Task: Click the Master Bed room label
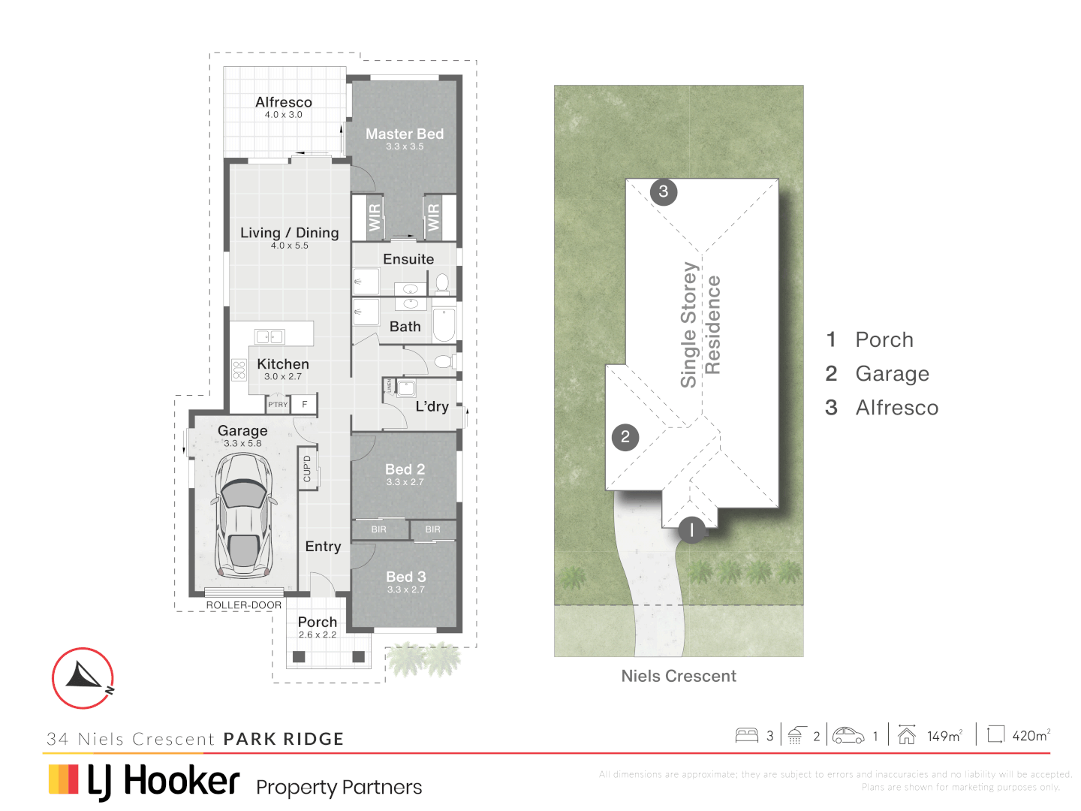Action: (x=404, y=134)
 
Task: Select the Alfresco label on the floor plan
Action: (x=283, y=102)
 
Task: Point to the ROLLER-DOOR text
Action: (x=244, y=605)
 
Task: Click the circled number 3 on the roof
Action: (x=664, y=191)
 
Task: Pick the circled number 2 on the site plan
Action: (x=625, y=437)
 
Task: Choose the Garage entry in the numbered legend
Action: (x=892, y=374)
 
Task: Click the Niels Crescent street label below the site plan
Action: (x=679, y=676)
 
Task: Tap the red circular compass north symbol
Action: (x=83, y=678)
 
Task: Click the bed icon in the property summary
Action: (x=747, y=735)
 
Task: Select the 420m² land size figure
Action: (x=1030, y=736)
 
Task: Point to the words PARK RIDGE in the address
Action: (x=283, y=739)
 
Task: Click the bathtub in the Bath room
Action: (x=444, y=324)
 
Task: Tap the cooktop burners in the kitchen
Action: (x=239, y=369)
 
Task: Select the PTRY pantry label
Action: (x=278, y=405)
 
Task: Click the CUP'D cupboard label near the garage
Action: (x=307, y=469)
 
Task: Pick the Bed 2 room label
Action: (x=405, y=469)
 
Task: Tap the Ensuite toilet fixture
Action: (x=442, y=283)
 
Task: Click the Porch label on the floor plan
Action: (x=317, y=623)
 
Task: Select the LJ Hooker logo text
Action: (x=163, y=781)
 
